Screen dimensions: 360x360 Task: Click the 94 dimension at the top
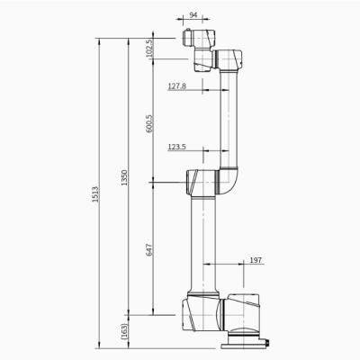(193, 15)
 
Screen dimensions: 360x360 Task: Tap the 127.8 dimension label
(178, 86)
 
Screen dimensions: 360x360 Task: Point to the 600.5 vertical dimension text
(149, 123)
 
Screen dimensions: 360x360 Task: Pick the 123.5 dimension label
(178, 146)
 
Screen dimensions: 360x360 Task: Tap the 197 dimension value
(255, 261)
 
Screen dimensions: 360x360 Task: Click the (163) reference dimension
(124, 330)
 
